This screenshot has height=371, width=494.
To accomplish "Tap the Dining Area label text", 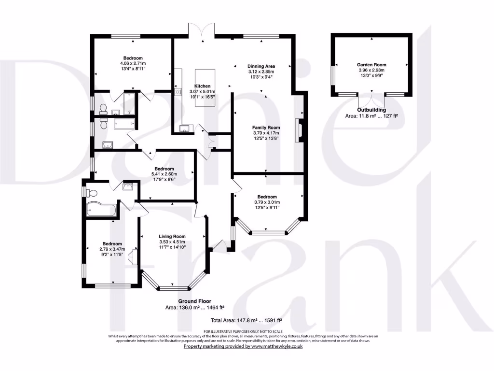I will pyautogui.click(x=261, y=66).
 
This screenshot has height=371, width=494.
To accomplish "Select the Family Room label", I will pyautogui.click(x=266, y=128).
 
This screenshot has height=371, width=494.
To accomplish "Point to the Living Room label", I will pyautogui.click(x=172, y=236).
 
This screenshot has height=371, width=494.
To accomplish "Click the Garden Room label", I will pyautogui.click(x=371, y=64).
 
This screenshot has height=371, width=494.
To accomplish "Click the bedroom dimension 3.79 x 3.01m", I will pyautogui.click(x=267, y=202).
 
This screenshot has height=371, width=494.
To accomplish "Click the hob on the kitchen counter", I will pyautogui.click(x=177, y=91).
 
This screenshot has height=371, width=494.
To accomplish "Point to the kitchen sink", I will pyautogui.click(x=185, y=128).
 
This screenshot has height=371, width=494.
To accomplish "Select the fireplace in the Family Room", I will pyautogui.click(x=299, y=129).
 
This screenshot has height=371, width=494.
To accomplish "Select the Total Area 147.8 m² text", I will pyautogui.click(x=246, y=320).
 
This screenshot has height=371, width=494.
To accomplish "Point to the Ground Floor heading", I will pyautogui.click(x=194, y=301).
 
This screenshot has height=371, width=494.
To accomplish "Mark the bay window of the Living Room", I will pyautogui.click(x=174, y=288).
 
